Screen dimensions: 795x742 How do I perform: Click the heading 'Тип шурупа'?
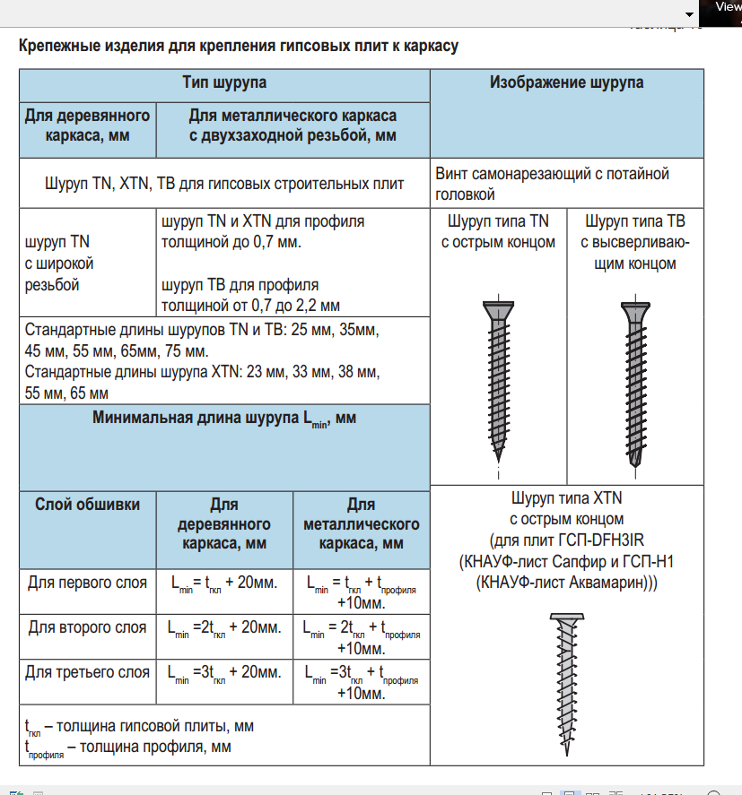tap(224, 83)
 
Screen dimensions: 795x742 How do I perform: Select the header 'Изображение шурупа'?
tap(566, 83)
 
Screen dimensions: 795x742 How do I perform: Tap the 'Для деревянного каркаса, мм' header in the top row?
tap(87, 125)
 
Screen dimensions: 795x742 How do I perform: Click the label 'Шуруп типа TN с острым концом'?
tap(498, 231)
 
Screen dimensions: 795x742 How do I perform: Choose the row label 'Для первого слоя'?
tap(87, 583)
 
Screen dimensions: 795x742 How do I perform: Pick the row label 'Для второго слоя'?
tap(87, 627)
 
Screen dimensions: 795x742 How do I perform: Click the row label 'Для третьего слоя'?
tap(87, 672)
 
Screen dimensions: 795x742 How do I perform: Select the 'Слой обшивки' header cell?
tap(87, 505)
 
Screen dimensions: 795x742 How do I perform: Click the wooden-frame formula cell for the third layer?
tap(224, 672)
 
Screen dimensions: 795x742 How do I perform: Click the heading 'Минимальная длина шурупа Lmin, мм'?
tap(224, 419)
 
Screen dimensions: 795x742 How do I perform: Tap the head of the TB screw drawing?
tap(634, 310)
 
